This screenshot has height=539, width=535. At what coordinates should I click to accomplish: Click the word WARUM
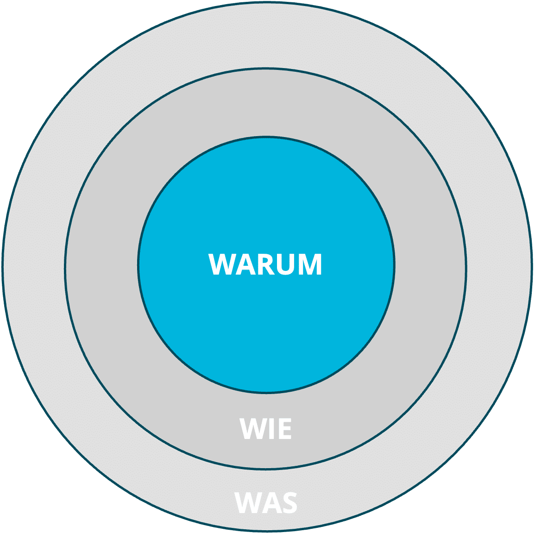click(265, 264)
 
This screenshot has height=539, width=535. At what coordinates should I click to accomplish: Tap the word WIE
click(266, 429)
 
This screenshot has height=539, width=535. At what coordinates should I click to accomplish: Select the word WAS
click(266, 503)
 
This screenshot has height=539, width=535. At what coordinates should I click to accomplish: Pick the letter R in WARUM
click(265, 264)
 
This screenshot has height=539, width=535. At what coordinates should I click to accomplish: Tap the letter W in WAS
click(249, 503)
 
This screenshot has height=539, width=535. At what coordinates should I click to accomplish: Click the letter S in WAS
click(289, 503)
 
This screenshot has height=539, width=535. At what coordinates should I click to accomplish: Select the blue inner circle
click(266, 194)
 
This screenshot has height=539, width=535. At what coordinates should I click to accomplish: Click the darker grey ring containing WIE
click(102, 266)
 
